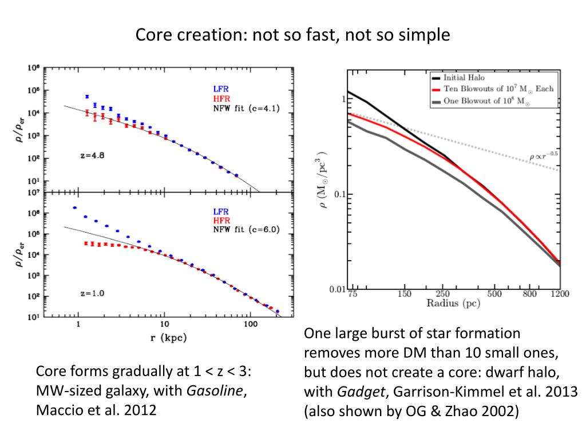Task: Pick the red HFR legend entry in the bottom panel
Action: [221, 221]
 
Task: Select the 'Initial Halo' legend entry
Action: [468, 77]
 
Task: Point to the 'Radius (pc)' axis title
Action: [453, 303]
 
